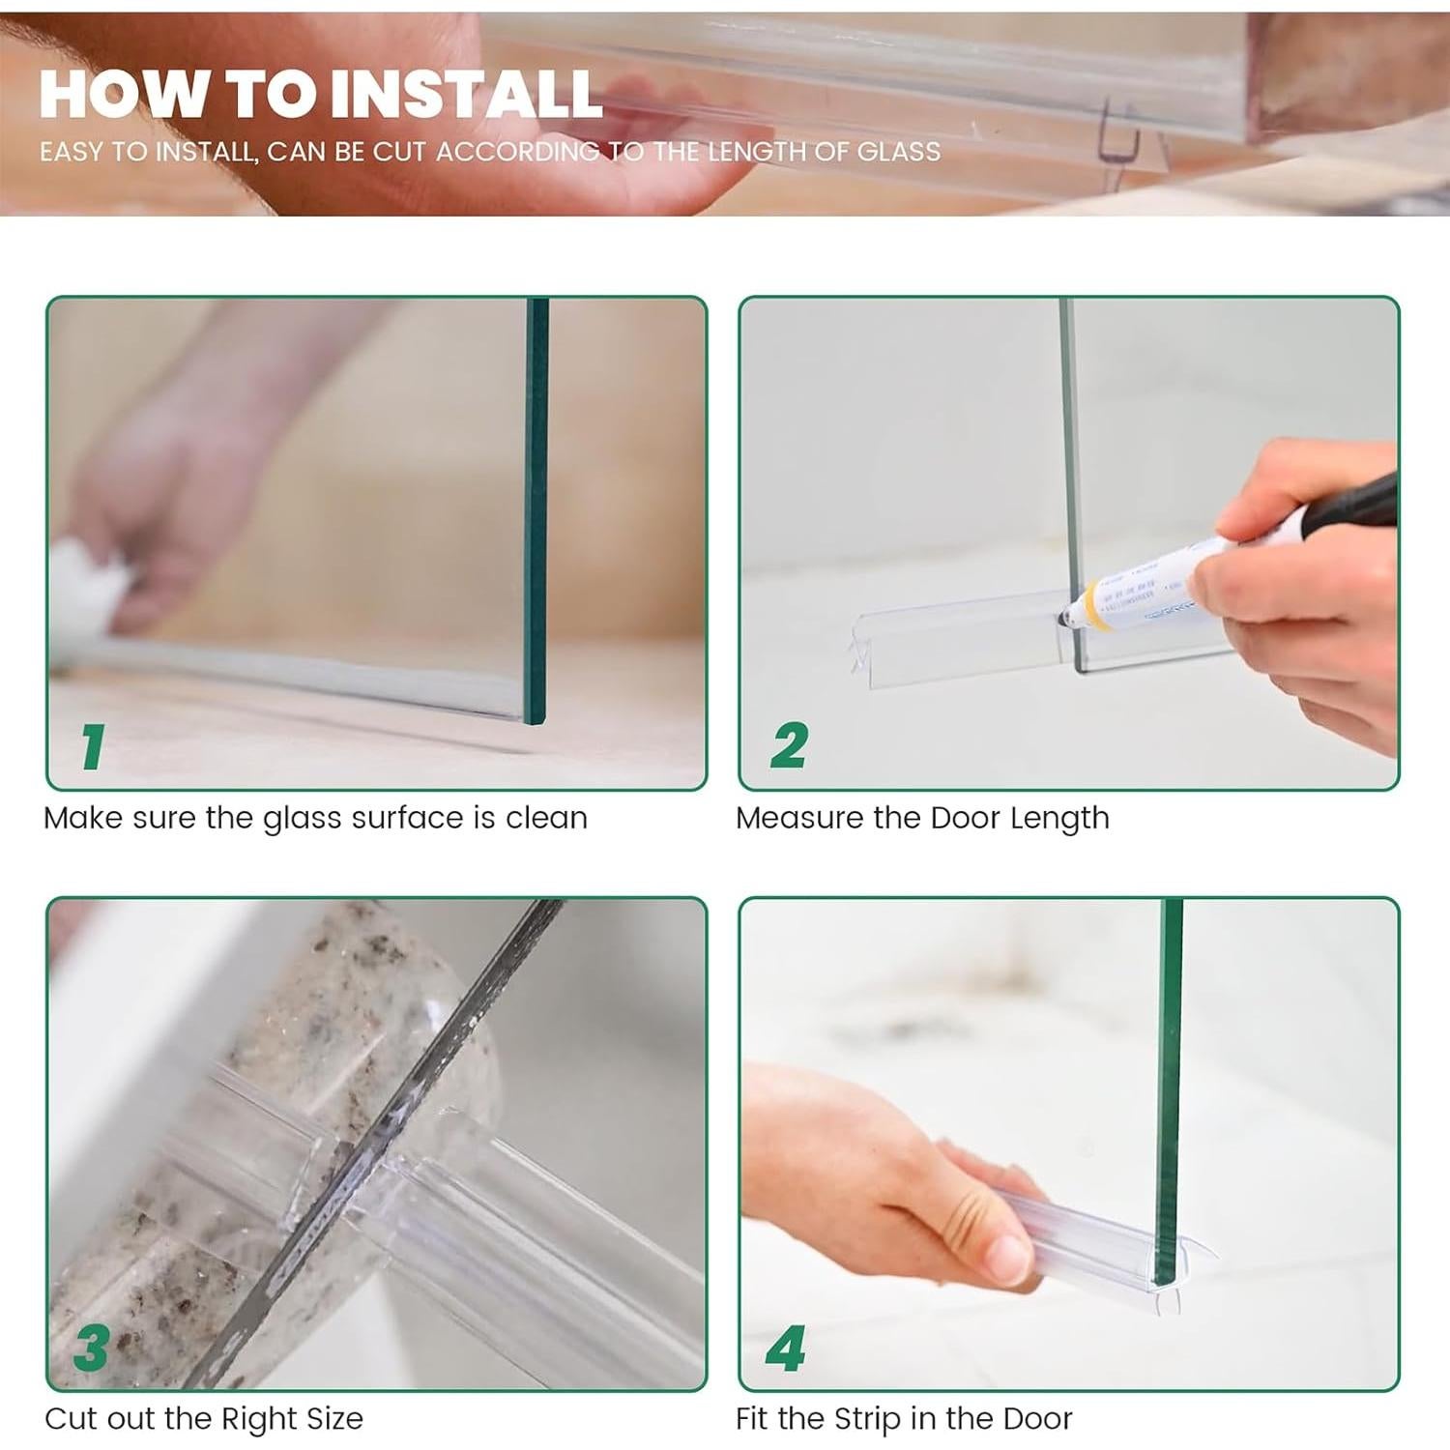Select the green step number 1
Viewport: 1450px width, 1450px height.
point(93,746)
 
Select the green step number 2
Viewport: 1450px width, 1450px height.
point(789,745)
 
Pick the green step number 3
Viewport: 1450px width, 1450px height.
point(92,1348)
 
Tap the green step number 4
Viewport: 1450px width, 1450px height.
point(786,1348)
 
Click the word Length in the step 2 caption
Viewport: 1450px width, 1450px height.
point(1059,819)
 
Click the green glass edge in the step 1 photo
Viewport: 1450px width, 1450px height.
point(536,510)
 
